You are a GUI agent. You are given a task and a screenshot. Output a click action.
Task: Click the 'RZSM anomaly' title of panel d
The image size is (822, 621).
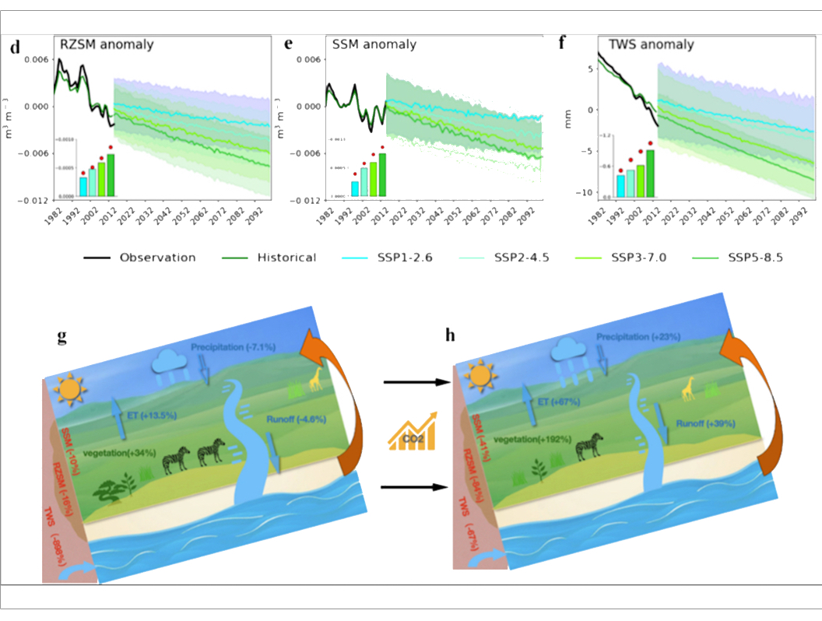click(x=107, y=44)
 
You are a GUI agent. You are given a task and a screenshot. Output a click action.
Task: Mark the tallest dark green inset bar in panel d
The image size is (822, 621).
click(x=111, y=175)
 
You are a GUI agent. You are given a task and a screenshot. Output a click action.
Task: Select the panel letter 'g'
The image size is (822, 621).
click(x=61, y=337)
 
